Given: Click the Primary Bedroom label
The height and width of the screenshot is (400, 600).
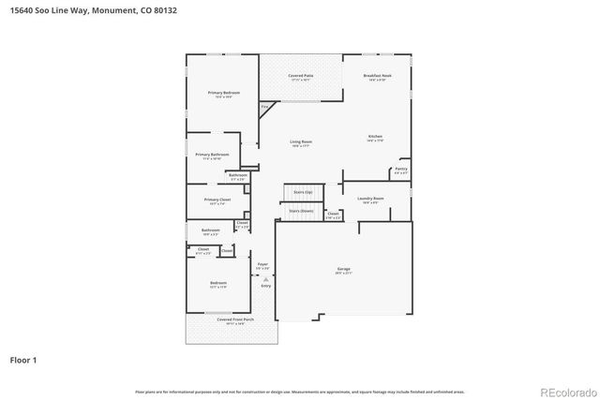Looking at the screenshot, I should [223, 93].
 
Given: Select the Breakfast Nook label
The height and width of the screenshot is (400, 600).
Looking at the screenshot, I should [379, 76].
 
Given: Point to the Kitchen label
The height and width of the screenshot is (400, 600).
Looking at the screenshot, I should [374, 138].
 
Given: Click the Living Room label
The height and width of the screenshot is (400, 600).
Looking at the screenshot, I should [300, 141].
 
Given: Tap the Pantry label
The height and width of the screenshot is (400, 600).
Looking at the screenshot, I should [400, 170].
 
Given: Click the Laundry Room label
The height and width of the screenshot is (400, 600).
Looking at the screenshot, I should [370, 199].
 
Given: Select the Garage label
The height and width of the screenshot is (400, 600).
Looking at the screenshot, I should [344, 270].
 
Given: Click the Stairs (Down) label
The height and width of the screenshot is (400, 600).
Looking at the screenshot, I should [300, 212].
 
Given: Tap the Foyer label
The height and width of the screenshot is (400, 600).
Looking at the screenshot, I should [262, 265].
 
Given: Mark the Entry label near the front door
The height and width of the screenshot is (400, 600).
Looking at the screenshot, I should [265, 285].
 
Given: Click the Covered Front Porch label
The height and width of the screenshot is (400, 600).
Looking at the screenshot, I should [231, 319].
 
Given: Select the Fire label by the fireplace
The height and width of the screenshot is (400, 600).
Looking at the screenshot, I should [264, 109].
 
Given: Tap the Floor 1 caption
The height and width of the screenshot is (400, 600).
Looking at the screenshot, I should [22, 359].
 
